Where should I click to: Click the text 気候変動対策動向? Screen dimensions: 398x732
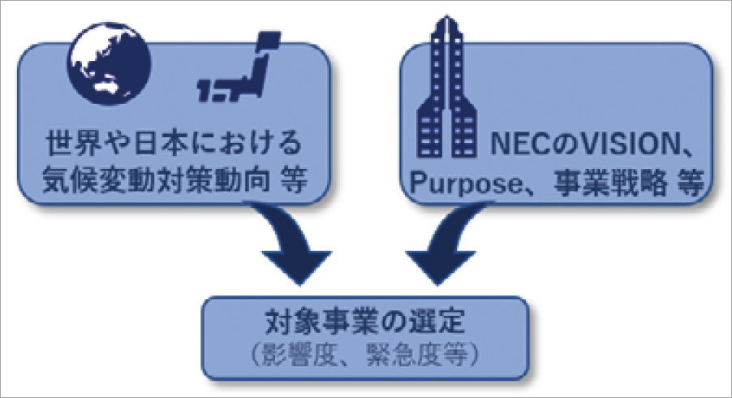coord(159,181)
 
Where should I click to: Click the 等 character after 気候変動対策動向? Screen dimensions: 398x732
coord(296,181)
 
